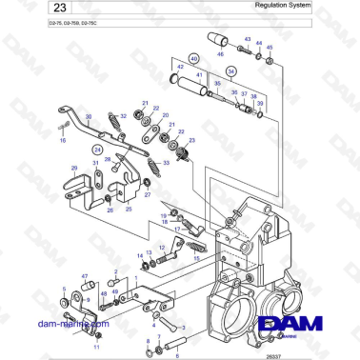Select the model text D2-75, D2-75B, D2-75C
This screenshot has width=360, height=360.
[47, 34]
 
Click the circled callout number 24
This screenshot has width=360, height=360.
[96, 150]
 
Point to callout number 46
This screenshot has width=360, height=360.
[223, 56]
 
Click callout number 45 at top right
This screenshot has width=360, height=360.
[270, 47]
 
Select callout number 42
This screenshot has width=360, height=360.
[177, 67]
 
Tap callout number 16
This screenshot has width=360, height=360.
[63, 139]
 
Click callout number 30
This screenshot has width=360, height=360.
[89, 116]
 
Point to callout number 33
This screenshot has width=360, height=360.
[168, 163]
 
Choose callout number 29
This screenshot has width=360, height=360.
[73, 168]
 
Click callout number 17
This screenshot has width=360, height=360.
[149, 229]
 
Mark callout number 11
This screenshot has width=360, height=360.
[69, 322]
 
